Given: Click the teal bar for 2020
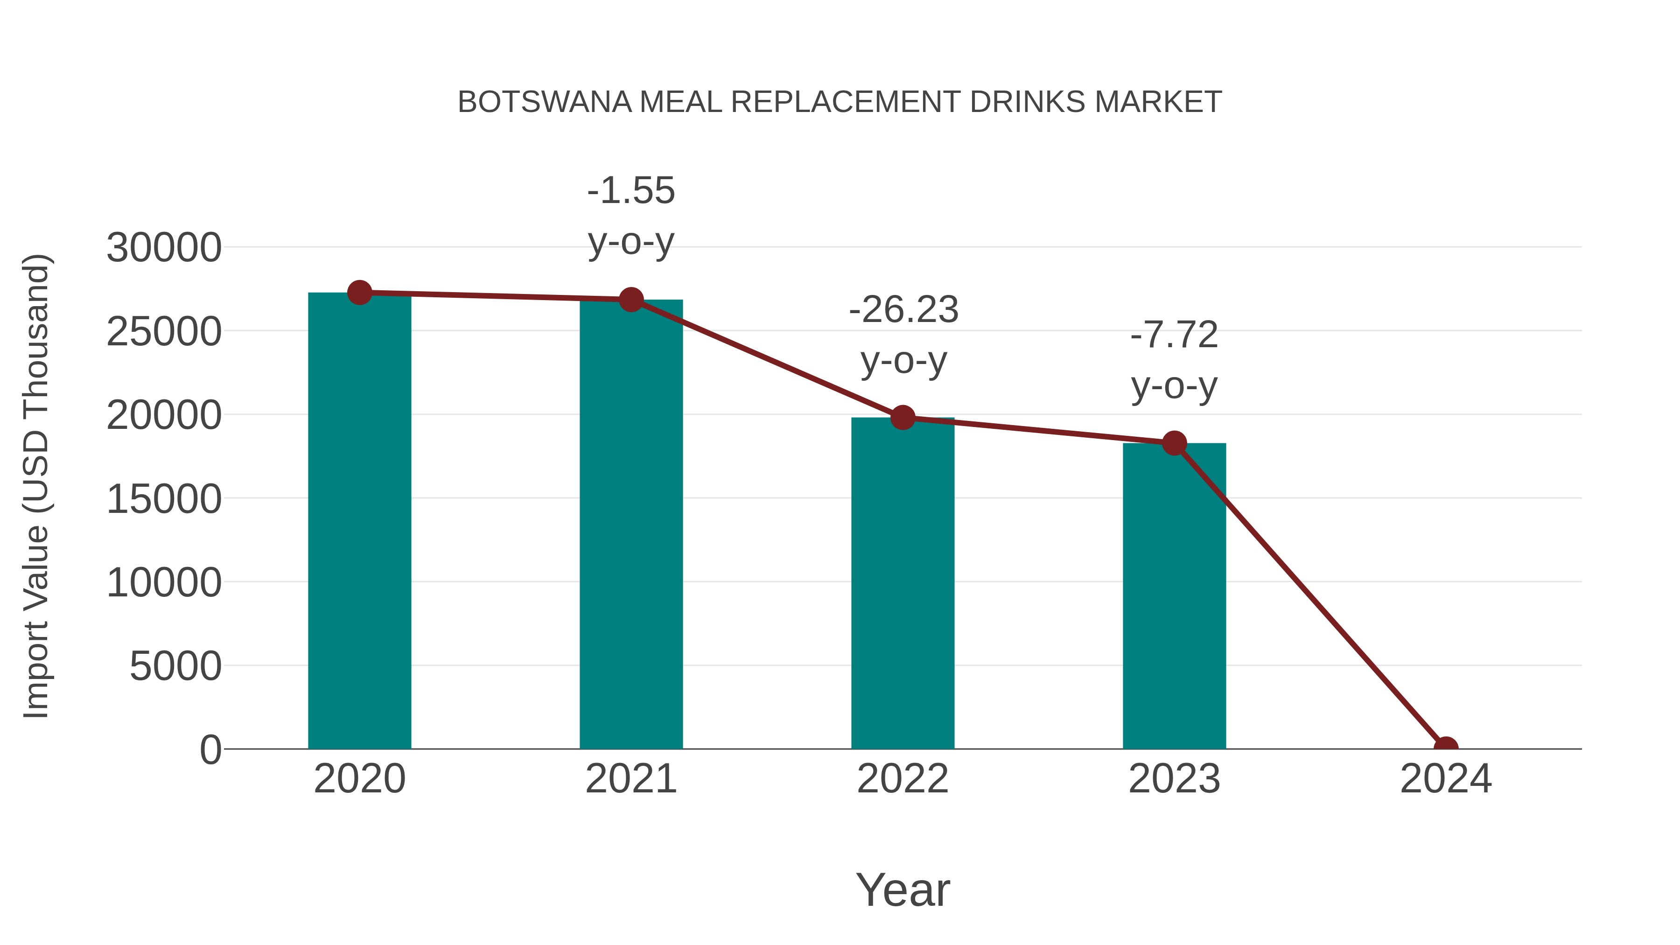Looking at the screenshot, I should pyautogui.click(x=359, y=522).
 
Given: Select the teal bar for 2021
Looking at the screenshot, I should pyautogui.click(x=630, y=525).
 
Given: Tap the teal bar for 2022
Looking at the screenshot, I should pyautogui.click(x=903, y=584).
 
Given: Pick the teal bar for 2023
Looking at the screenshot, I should pyautogui.click(x=1174, y=597).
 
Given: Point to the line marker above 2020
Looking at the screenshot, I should pyautogui.click(x=359, y=293).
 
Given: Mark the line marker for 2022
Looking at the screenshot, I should pyautogui.click(x=903, y=417).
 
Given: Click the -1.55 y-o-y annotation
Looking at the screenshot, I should pyautogui.click(x=630, y=216).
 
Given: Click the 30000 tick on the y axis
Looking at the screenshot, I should pyautogui.click(x=164, y=248).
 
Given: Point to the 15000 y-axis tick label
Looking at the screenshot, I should pyautogui.click(x=164, y=499).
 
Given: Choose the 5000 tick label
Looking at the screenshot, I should pyautogui.click(x=175, y=666).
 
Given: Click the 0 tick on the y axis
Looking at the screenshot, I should pyautogui.click(x=210, y=750).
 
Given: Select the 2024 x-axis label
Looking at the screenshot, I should pyautogui.click(x=1446, y=779).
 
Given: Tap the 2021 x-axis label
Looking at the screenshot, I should pyautogui.click(x=630, y=779).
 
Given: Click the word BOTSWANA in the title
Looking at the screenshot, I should pyautogui.click(x=545, y=102).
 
